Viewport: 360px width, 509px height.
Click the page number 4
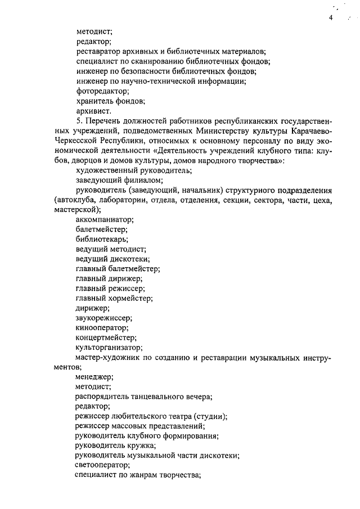pyautogui.click(x=331, y=18)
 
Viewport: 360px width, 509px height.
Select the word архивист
pyautogui.click(x=93, y=112)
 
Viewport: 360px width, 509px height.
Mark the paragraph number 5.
pyautogui.click(x=79, y=122)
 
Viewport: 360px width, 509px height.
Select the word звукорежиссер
pyautogui.click(x=103, y=318)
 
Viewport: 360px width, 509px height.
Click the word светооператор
pyautogui.click(x=102, y=465)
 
